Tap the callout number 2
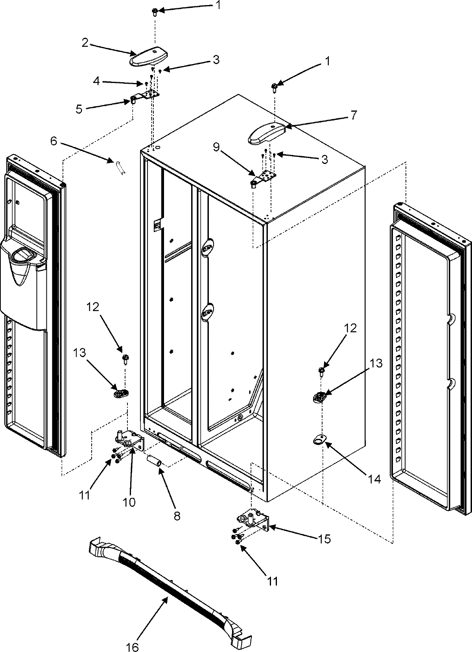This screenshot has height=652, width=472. click(x=85, y=43)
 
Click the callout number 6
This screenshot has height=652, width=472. click(x=53, y=141)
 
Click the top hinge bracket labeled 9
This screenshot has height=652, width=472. click(x=264, y=178)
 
